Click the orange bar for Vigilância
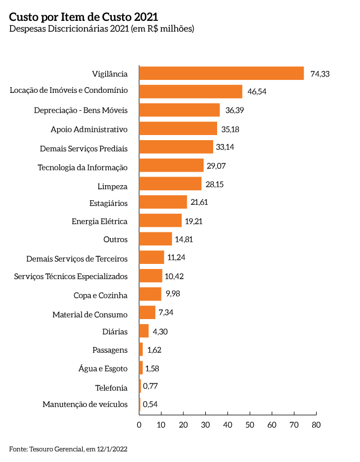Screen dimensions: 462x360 click(221, 73)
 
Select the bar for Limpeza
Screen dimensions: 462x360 click(170, 183)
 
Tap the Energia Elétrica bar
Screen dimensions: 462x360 click(160, 221)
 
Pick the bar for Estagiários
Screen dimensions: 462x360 click(163, 202)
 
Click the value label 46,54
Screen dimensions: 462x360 click(256, 91)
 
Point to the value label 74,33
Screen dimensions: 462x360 click(319, 73)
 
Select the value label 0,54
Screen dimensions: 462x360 click(150, 404)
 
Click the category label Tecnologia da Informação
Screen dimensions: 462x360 click(83, 167)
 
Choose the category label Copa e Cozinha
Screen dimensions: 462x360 click(101, 295)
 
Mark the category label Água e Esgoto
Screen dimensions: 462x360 click(103, 369)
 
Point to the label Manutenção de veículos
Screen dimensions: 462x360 click(85, 404)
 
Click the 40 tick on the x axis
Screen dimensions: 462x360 click(227, 425)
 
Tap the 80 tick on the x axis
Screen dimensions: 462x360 click(316, 425)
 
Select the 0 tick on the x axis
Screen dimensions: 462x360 click(139, 425)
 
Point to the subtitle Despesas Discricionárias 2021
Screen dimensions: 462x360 click(102, 29)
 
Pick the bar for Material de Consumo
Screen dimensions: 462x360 click(147, 312)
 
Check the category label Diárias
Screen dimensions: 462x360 click(115, 332)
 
